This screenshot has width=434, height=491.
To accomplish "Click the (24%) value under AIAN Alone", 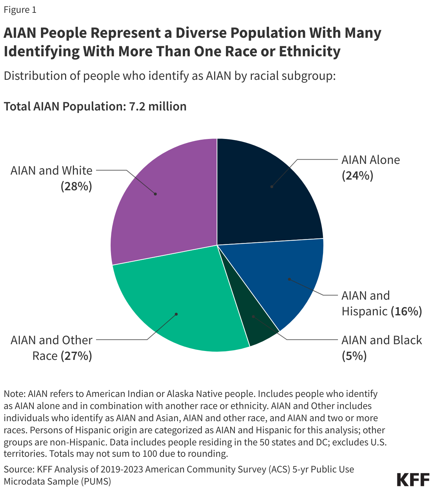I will (x=357, y=176).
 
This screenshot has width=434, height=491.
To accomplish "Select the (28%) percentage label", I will (x=76, y=186).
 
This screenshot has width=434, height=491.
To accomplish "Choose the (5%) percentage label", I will (x=354, y=356).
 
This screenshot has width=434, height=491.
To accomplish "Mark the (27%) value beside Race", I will (x=76, y=356).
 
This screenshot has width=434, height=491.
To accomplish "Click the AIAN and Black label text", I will (x=381, y=340).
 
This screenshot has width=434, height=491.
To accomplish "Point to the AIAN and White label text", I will (x=52, y=170).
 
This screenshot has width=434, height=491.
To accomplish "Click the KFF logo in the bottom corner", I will (x=413, y=480).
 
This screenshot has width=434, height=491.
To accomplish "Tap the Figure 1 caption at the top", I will (x=20, y=10).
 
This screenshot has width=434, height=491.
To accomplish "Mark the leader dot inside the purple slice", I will (x=155, y=194).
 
